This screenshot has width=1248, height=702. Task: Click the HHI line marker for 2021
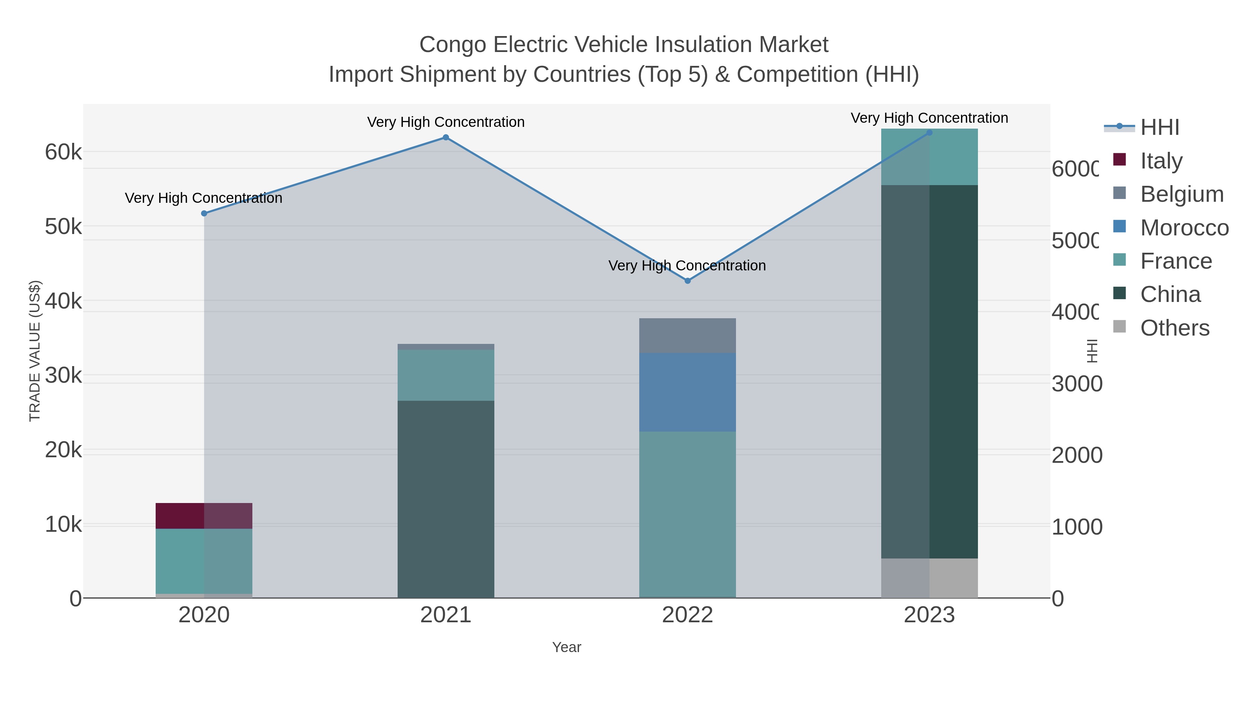point(446,138)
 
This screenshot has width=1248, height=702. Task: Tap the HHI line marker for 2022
point(687,281)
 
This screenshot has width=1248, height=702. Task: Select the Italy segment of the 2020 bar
point(204,516)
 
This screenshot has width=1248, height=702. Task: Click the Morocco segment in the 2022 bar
point(687,392)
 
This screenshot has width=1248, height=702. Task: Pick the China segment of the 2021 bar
point(446,499)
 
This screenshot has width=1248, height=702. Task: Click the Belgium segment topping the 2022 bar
point(687,336)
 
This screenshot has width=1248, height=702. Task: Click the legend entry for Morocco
point(1184,228)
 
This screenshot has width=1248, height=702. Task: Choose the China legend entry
point(1170,295)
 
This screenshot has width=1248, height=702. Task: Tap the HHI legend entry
point(1159,128)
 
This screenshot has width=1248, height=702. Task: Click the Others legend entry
point(1175,328)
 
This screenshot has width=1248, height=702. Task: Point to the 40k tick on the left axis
point(63,301)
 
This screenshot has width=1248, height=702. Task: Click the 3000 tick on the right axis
point(1076,384)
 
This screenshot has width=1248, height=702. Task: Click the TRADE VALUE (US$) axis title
point(35,351)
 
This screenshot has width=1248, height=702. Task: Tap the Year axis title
point(566,647)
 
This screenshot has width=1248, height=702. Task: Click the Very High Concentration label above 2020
point(203,198)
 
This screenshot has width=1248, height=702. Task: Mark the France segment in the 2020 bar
point(204,561)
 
